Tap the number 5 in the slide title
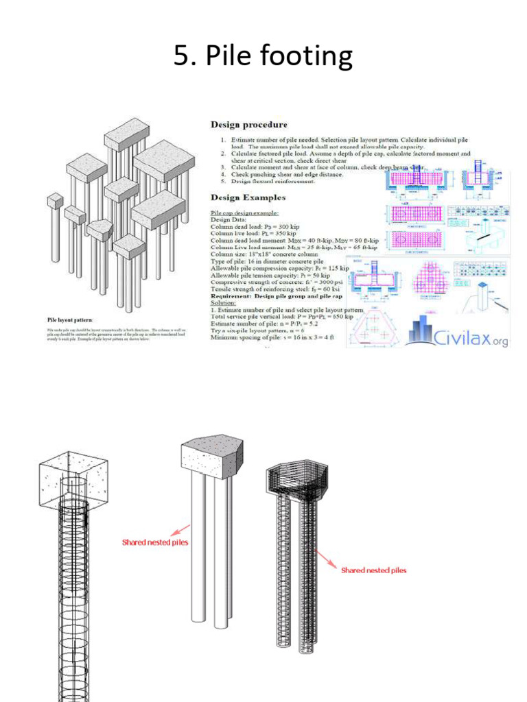(181, 56)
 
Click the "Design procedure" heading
(248, 125)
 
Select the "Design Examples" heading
(248, 197)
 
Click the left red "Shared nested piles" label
(155, 542)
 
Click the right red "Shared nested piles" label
(373, 570)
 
